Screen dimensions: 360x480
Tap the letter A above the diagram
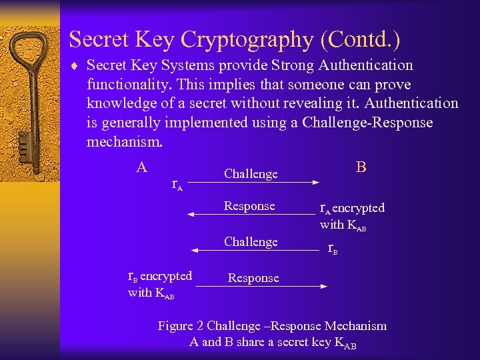tap(141, 167)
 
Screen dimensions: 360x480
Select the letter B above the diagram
tap(361, 167)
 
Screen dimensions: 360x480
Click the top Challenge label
tap(251, 174)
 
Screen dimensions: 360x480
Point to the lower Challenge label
tap(251, 242)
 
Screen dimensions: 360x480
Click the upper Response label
tap(249, 206)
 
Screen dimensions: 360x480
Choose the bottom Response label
tap(253, 278)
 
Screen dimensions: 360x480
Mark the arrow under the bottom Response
tap(261, 286)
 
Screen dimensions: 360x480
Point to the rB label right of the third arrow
tap(333, 249)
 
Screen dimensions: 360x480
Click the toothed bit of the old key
tap(24, 143)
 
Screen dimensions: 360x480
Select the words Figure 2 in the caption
tap(181, 326)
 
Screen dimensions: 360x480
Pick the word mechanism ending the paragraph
tap(124, 142)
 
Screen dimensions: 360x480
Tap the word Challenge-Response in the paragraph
tap(367, 123)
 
